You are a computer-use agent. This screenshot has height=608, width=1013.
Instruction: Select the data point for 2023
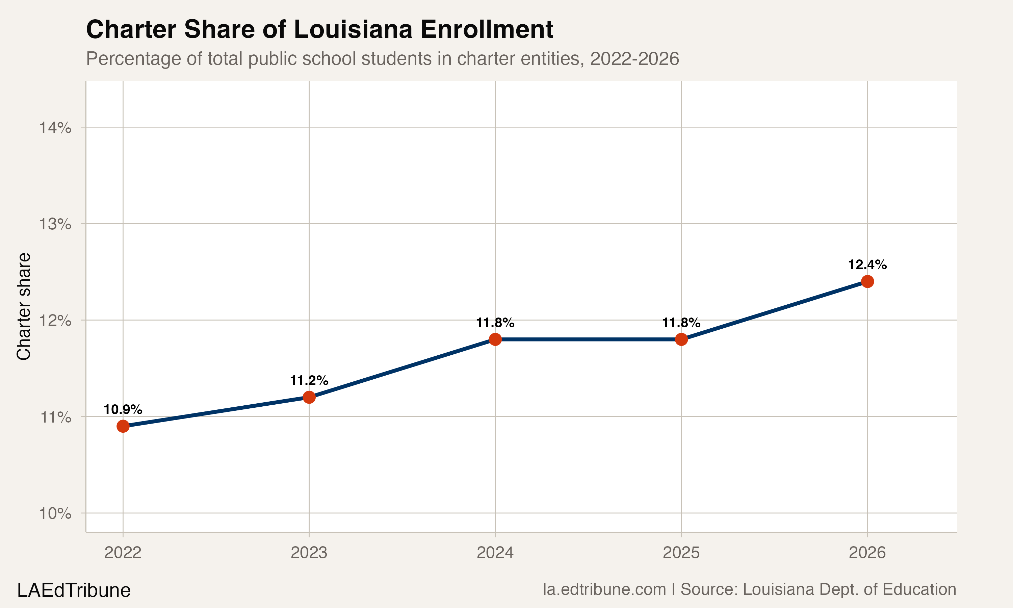[309, 397]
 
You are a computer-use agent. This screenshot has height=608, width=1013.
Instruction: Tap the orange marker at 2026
[867, 281]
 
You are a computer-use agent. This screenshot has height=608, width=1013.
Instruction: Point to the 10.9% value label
[123, 409]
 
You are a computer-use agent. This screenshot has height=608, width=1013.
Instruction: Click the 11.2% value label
[309, 381]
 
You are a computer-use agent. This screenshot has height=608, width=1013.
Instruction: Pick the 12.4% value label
[867, 265]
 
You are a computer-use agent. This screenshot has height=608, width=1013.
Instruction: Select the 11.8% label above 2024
[495, 323]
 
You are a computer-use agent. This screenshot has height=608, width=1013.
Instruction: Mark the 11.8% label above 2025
[681, 323]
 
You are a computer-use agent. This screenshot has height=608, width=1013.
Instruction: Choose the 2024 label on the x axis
[495, 553]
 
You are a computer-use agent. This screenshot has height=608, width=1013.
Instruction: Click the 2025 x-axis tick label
[681, 553]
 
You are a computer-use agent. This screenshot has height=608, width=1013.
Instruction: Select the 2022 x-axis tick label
[123, 553]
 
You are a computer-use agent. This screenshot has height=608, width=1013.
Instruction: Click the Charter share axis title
[24, 306]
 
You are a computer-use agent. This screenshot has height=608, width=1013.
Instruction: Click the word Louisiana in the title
[353, 29]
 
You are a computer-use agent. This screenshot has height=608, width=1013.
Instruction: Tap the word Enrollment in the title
[487, 29]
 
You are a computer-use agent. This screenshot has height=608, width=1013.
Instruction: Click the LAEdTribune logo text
[74, 590]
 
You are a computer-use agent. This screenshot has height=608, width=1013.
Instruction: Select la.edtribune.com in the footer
[604, 589]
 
